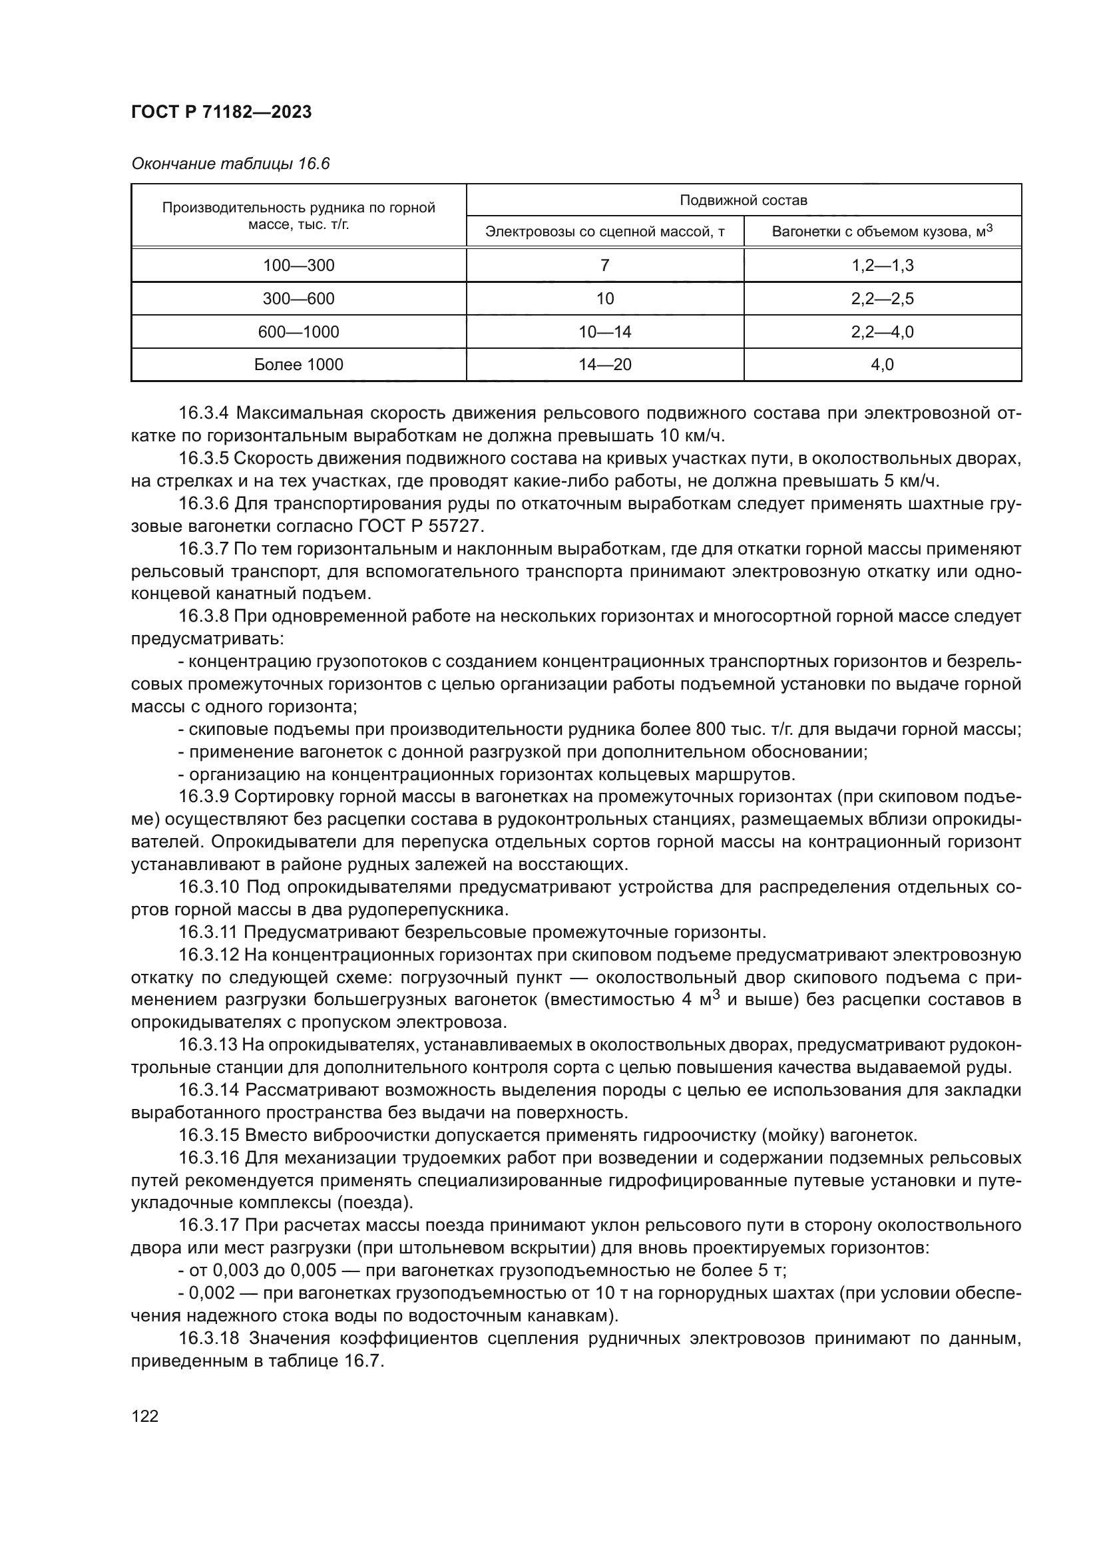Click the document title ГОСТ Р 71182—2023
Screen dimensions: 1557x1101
click(x=221, y=112)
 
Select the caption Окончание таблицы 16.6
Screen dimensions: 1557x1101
click(x=230, y=164)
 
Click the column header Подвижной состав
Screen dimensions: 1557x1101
click(x=743, y=200)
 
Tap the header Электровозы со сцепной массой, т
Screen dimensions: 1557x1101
click(x=604, y=232)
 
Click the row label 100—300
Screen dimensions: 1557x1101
click(x=298, y=265)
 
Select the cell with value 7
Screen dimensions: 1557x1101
click(x=604, y=265)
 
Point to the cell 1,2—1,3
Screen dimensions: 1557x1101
click(x=882, y=265)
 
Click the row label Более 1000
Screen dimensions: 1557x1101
click(x=298, y=365)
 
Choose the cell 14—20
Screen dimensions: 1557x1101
click(x=604, y=365)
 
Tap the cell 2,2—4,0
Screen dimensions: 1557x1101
click(x=882, y=332)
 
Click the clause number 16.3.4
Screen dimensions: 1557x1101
click(x=204, y=413)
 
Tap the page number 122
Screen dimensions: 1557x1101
click(x=144, y=1416)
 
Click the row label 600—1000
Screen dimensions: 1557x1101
click(x=298, y=332)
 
